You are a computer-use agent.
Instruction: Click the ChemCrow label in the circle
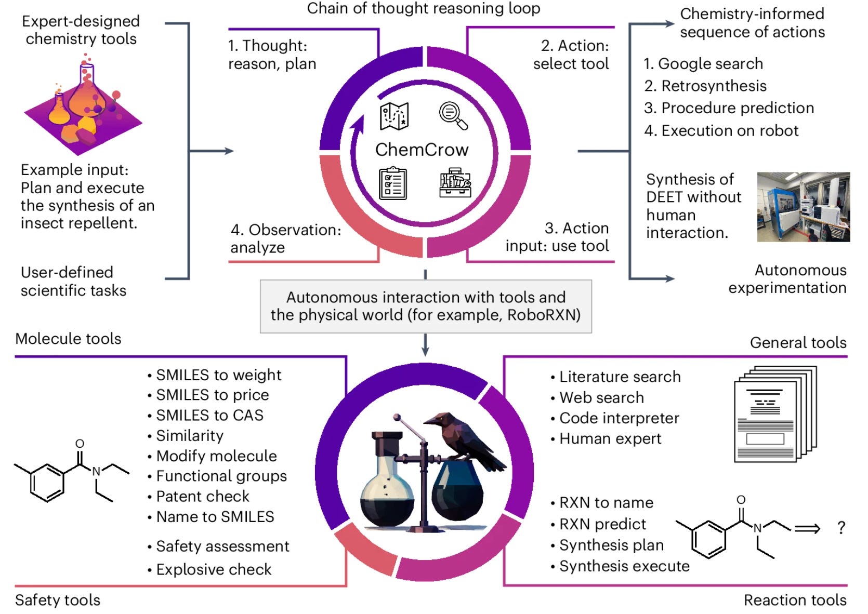coord(422,150)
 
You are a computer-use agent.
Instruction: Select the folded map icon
coord(394,116)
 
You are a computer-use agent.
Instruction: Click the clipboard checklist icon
coord(393,183)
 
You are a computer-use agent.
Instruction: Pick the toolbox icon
coord(455,182)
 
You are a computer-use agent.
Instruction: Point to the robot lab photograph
coord(803,207)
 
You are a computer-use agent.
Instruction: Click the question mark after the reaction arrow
coord(841,528)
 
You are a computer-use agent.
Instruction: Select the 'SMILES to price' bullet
coord(212,395)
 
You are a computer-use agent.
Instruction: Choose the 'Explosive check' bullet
coord(213,569)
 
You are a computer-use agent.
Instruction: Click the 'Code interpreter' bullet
coord(619,418)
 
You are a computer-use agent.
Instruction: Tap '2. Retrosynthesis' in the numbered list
coord(705,86)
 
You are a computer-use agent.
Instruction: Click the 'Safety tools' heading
coord(58,600)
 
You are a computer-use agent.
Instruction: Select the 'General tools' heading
coord(798,343)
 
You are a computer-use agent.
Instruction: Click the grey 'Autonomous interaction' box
coord(426,306)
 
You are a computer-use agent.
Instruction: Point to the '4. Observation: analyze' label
coord(285,238)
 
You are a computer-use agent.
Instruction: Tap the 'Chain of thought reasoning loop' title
coord(424,8)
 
